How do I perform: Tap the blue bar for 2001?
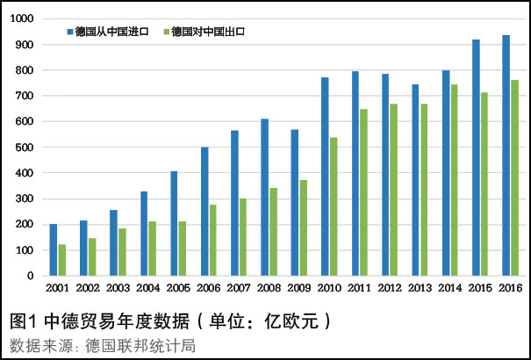(x=53, y=250)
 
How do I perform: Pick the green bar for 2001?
(x=62, y=260)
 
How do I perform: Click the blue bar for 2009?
(x=294, y=203)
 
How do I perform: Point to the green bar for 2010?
(x=334, y=206)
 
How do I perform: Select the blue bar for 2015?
(x=476, y=158)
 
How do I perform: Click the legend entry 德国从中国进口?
(x=111, y=32)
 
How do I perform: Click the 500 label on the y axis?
(x=24, y=148)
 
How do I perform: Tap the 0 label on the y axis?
(x=30, y=276)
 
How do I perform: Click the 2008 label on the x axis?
(x=269, y=288)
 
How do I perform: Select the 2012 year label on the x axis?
(x=390, y=288)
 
